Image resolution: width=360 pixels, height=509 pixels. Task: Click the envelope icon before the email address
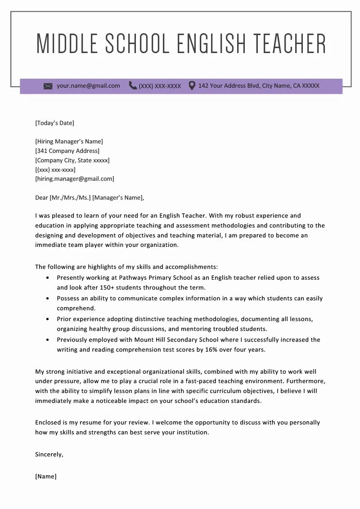48,86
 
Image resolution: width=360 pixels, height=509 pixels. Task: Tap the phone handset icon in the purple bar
133,85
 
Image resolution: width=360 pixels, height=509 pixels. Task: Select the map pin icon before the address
192,85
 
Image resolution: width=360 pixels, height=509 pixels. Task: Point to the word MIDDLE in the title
67,44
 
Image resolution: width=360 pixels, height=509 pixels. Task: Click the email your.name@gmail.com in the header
88,85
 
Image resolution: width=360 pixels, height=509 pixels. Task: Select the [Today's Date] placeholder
54,123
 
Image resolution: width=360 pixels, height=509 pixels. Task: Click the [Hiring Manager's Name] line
69,141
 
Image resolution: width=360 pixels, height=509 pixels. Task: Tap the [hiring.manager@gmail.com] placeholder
75,179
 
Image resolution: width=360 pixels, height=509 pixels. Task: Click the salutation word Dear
41,197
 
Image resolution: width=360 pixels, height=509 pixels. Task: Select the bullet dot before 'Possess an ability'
48,298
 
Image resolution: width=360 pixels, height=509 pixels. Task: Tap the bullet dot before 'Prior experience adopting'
48,319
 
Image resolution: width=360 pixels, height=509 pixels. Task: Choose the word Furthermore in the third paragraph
306,381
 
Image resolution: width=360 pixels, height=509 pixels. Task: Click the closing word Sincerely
49,454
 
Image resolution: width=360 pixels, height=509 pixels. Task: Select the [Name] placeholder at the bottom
46,476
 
